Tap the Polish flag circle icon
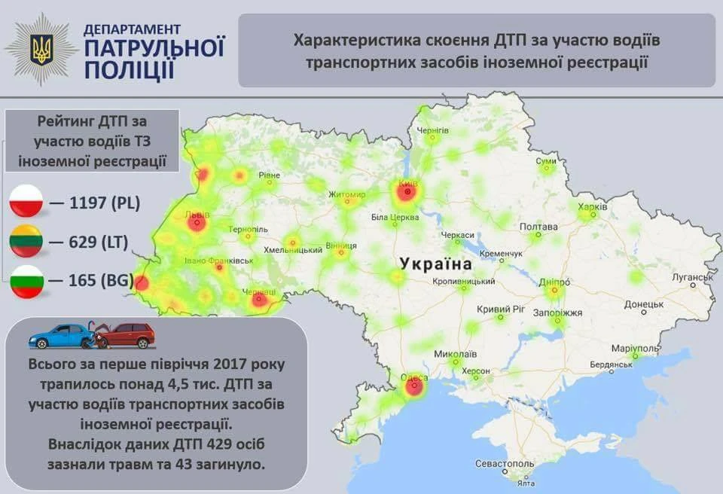pyautogui.click(x=29, y=203)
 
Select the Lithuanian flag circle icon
pyautogui.click(x=29, y=242)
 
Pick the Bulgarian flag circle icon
pyautogui.click(x=29, y=281)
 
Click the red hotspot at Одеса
pyautogui.click(x=413, y=389)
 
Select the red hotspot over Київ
pyautogui.click(x=407, y=194)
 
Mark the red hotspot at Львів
pyautogui.click(x=197, y=223)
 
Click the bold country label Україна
pyautogui.click(x=436, y=264)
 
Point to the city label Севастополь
pyautogui.click(x=505, y=462)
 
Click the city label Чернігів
pyautogui.click(x=433, y=130)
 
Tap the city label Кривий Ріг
pyautogui.click(x=500, y=309)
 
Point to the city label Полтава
pyautogui.click(x=538, y=227)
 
